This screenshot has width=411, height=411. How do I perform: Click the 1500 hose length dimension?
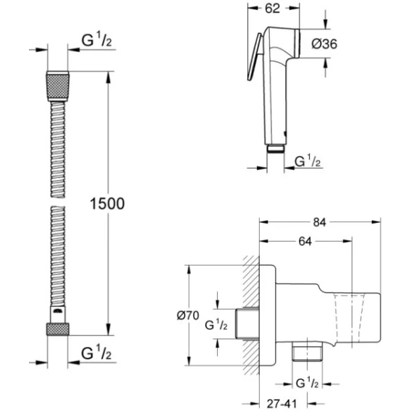click(x=107, y=203)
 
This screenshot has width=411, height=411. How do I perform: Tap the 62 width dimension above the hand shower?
click(x=272, y=9)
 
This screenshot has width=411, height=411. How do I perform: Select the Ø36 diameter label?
click(x=324, y=43)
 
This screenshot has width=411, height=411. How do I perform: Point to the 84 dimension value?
click(x=320, y=222)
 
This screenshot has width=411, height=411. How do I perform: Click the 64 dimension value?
click(x=305, y=242)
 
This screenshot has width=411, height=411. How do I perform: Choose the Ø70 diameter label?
click(x=188, y=315)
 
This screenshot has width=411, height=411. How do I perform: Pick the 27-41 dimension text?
click(x=281, y=403)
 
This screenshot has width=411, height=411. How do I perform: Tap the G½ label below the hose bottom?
click(x=96, y=352)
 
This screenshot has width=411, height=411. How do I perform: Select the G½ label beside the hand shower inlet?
click(x=308, y=161)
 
